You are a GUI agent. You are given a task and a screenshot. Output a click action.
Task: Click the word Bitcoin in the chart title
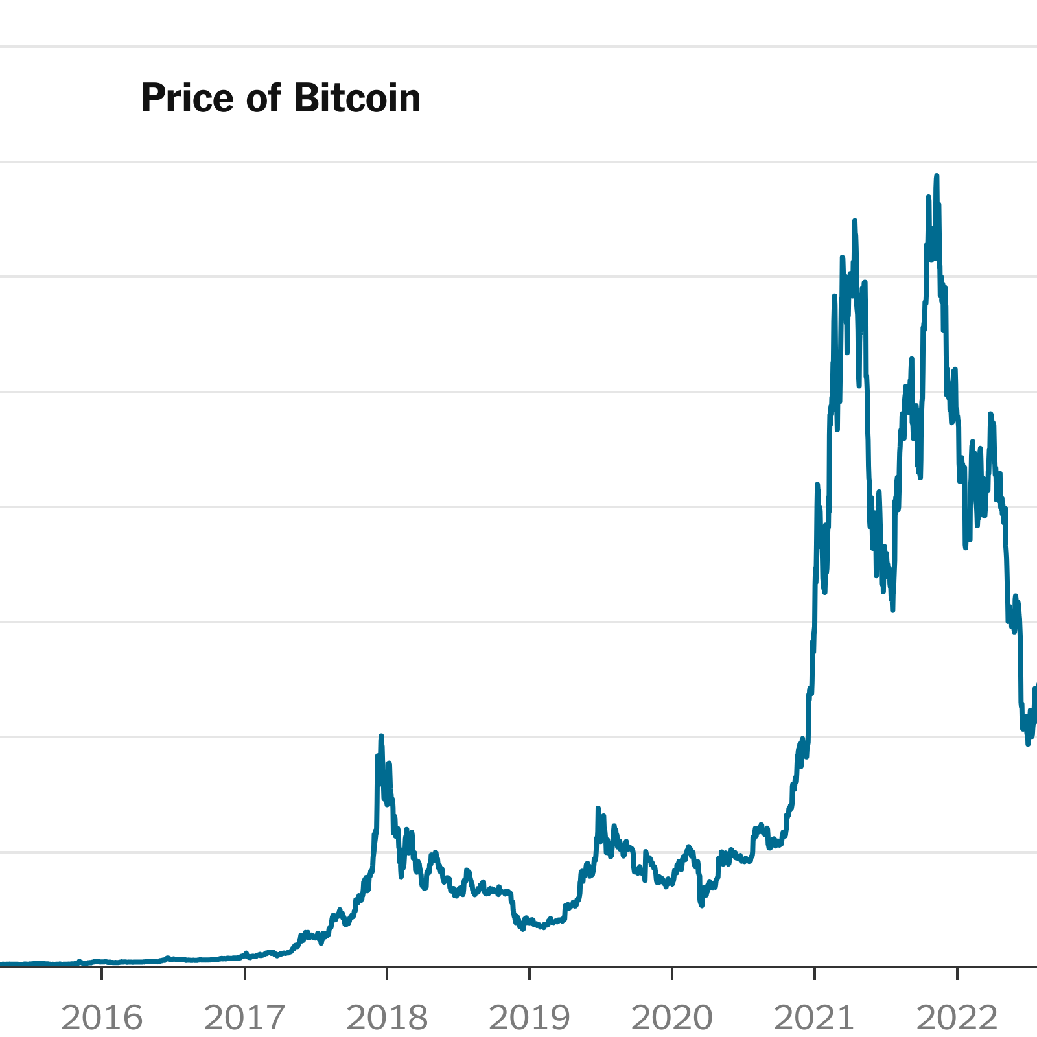point(356,99)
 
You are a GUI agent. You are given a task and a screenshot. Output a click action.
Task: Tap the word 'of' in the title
point(264,99)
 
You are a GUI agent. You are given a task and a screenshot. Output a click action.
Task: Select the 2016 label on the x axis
point(102,1018)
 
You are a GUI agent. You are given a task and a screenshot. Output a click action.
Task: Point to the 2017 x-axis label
point(244,1018)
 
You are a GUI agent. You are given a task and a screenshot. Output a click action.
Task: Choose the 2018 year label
point(387,1018)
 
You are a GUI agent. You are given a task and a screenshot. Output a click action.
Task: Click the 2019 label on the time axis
point(530,1018)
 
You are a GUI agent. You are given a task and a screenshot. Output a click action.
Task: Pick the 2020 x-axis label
point(672,1018)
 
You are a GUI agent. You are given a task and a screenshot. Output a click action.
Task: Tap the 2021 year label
point(815,1018)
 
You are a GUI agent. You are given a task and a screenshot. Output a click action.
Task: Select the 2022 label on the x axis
point(957,1018)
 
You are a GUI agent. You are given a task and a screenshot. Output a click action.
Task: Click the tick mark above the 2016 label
point(102,973)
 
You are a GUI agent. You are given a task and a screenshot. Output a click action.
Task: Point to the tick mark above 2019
point(530,973)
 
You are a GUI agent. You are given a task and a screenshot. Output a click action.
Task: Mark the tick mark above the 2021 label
point(815,973)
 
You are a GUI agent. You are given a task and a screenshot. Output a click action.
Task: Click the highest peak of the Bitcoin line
point(937,176)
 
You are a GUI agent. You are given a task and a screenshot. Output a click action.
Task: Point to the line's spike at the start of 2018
point(381,736)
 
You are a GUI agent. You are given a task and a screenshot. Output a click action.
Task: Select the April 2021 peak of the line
point(855,221)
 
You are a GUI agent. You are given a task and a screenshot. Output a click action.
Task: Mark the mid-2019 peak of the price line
point(598,809)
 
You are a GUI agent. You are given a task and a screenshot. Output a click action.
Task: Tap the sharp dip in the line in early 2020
point(701,905)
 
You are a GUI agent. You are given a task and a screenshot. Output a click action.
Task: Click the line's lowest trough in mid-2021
point(892,609)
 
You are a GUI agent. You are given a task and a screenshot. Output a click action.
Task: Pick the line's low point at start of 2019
point(522,929)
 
